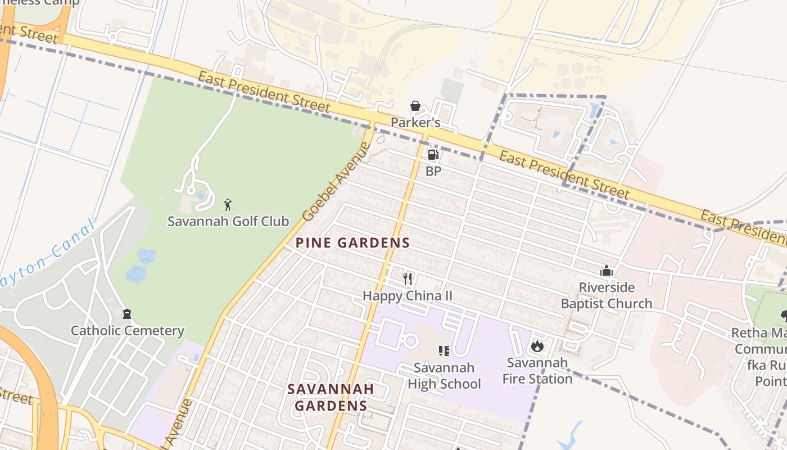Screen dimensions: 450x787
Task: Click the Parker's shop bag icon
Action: click(x=415, y=106)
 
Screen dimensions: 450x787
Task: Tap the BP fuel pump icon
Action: click(x=433, y=155)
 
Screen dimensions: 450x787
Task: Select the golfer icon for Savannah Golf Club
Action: click(x=228, y=205)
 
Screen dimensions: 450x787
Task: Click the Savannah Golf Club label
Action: click(x=228, y=221)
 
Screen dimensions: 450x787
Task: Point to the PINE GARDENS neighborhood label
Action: click(x=352, y=243)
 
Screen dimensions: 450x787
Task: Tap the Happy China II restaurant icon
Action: click(x=408, y=278)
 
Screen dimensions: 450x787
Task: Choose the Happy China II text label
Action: click(x=408, y=296)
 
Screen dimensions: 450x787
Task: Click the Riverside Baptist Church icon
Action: click(x=606, y=271)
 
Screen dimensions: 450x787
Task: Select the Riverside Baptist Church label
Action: click(x=607, y=296)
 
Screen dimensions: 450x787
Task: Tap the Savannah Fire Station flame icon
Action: click(x=537, y=346)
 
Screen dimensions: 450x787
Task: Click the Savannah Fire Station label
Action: click(x=537, y=371)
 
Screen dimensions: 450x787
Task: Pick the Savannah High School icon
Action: click(x=444, y=351)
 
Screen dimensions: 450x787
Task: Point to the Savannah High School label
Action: click(x=444, y=376)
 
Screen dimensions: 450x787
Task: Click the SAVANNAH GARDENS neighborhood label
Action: click(x=331, y=397)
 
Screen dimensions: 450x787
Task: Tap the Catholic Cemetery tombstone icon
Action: click(x=127, y=314)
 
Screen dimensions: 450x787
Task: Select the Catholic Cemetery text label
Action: click(x=127, y=331)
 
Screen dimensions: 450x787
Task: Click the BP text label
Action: click(x=433, y=172)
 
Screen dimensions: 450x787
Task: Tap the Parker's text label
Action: click(x=415, y=123)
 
